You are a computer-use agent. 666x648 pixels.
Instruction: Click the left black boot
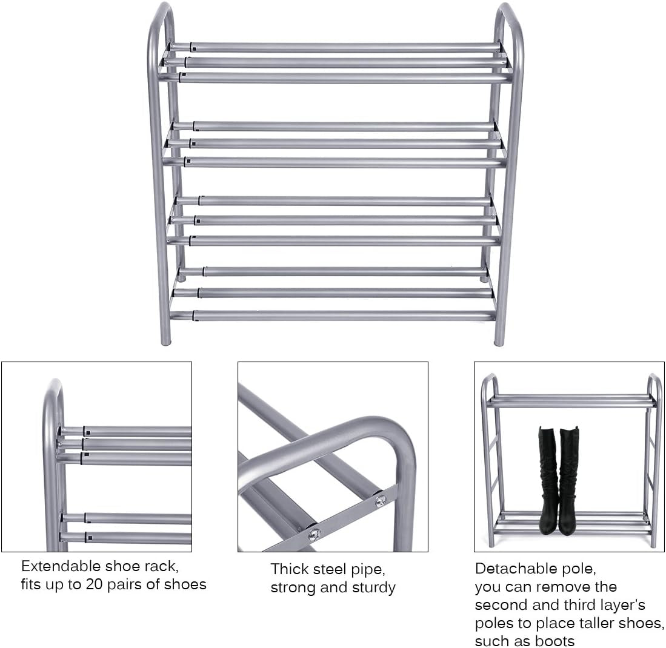point(548,478)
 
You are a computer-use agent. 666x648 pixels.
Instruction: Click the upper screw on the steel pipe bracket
point(380,500)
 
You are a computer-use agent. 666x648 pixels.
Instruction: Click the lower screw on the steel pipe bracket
point(314,534)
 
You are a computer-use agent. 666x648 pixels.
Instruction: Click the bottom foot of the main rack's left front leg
point(165,340)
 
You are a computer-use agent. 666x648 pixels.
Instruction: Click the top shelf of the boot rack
point(570,401)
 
